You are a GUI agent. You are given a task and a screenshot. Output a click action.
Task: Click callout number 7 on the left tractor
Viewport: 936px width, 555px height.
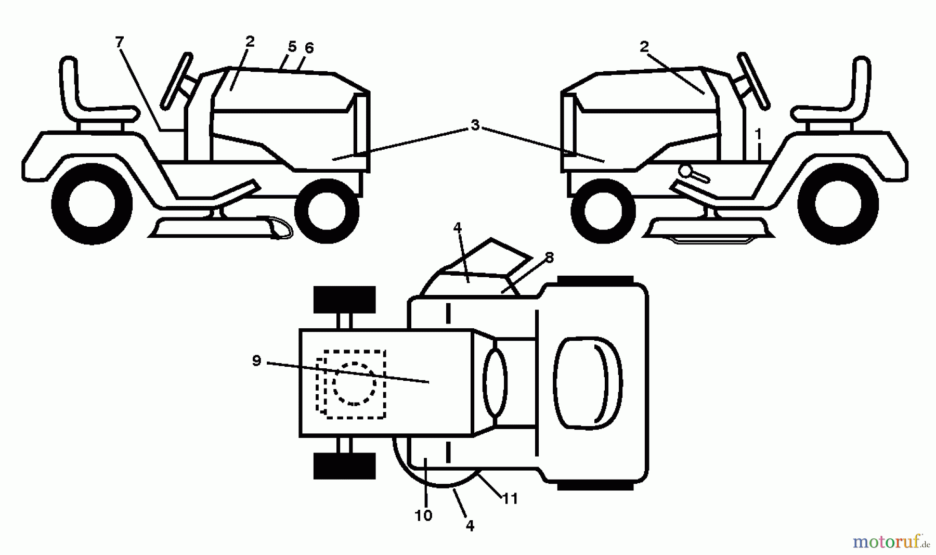(120, 42)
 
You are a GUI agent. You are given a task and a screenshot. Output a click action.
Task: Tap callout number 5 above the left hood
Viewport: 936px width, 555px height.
(292, 47)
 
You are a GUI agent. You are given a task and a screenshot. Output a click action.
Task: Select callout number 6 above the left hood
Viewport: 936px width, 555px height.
(309, 48)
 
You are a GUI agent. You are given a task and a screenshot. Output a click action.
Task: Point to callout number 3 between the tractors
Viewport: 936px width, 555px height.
(475, 125)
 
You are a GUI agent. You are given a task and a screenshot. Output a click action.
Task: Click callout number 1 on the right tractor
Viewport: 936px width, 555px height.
(758, 134)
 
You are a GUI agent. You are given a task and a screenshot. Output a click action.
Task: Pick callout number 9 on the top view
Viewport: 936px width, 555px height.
(256, 360)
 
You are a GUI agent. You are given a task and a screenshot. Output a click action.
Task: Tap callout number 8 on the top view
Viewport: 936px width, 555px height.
(550, 257)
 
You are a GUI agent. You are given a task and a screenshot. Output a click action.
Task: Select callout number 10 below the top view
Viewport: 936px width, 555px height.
(424, 515)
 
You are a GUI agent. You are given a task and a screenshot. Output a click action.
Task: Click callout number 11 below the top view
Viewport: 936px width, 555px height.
(511, 499)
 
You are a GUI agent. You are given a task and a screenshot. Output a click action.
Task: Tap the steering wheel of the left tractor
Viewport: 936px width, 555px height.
(177, 81)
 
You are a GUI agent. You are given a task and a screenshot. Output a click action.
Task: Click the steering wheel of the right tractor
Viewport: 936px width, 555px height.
(753, 81)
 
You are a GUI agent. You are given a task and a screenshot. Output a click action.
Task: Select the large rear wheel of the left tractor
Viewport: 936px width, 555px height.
(92, 204)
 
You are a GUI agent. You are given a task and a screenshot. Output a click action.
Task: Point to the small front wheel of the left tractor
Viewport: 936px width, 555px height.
(327, 211)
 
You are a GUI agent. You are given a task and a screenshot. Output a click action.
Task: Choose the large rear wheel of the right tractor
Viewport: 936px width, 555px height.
(838, 204)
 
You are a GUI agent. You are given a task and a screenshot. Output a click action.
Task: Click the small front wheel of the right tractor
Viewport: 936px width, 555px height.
(603, 211)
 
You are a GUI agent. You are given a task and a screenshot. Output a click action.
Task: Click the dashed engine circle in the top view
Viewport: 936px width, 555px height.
(354, 383)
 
